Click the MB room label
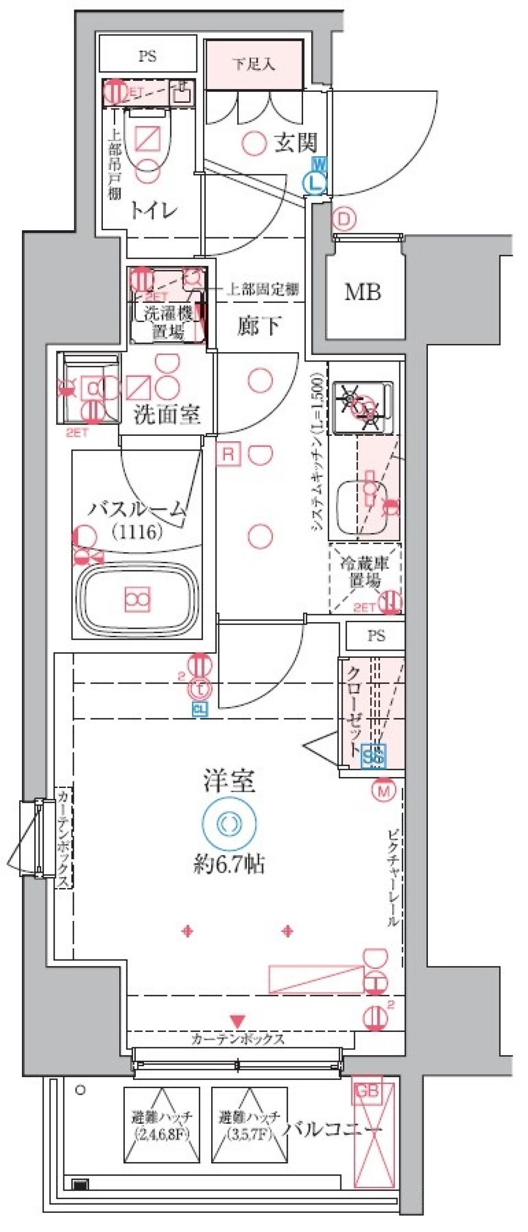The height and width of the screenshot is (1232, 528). [362, 292]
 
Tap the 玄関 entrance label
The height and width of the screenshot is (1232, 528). [296, 143]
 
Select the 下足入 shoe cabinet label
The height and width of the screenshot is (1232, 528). [254, 64]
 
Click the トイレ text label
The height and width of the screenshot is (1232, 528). [154, 210]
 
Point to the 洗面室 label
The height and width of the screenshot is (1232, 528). [167, 415]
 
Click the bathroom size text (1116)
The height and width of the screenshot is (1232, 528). [137, 531]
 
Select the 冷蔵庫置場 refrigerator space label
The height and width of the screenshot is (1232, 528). [365, 571]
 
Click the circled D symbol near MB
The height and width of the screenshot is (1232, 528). [343, 219]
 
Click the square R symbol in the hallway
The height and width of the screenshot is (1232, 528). [228, 454]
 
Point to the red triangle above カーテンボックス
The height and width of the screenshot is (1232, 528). [238, 1022]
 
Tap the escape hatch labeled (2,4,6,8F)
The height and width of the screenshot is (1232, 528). [162, 1125]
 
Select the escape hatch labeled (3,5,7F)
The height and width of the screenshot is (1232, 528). [250, 1125]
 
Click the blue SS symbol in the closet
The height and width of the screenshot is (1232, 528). [373, 755]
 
